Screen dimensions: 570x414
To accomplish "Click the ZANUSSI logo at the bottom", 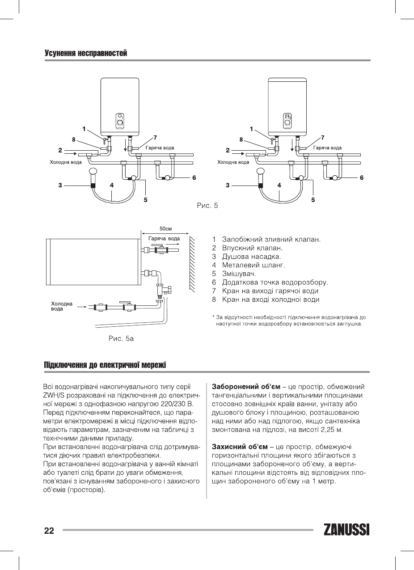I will coord(346,530).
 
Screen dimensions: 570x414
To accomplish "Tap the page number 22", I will coord(49,531).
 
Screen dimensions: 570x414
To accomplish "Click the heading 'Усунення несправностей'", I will coord(86,54).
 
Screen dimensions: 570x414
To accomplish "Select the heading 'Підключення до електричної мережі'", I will coord(105,365).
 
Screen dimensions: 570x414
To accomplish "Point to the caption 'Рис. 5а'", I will coord(121,338).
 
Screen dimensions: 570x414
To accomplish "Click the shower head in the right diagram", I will coord(260,172).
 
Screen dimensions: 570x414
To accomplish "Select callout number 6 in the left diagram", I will coord(194,178).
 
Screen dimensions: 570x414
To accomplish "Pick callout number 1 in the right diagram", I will coord(251,129).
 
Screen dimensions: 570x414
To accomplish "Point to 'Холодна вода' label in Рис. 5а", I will coord(61,306).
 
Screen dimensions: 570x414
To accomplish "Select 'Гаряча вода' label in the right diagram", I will coord(327,148).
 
